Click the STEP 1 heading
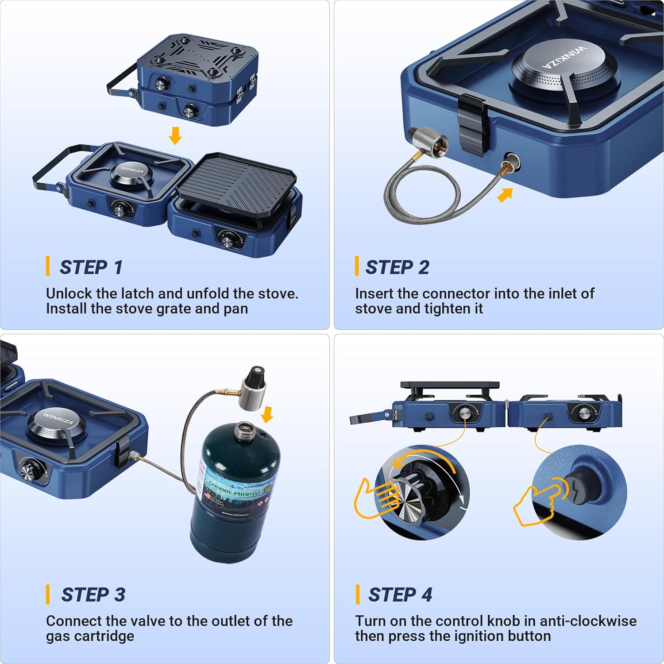coord(91,267)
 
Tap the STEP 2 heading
coord(397,267)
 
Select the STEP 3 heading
coord(93,595)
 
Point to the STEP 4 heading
coord(400,595)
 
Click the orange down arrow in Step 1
coord(175,135)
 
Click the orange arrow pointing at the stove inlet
coord(505,194)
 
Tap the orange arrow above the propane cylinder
coord(267,414)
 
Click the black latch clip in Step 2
coord(472,124)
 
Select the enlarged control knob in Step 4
coord(414,494)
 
